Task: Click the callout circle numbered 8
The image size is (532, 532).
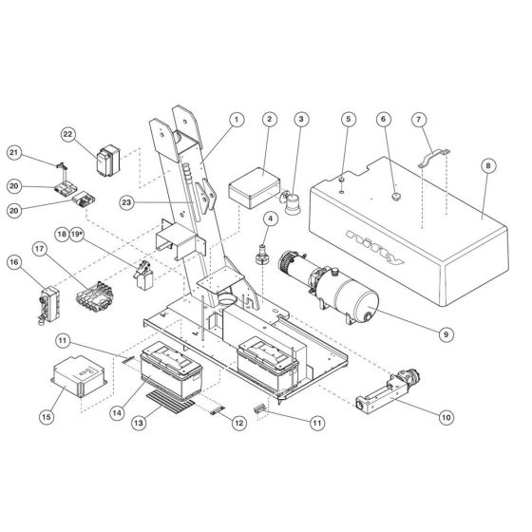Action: [x=487, y=165]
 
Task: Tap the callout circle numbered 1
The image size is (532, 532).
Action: [x=237, y=120]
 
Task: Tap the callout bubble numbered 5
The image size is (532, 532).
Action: [x=349, y=120]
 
